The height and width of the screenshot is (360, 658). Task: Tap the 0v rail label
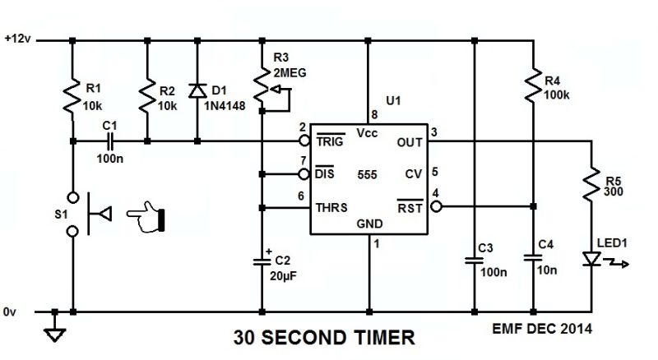coord(9,312)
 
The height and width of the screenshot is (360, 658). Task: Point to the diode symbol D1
coord(197,91)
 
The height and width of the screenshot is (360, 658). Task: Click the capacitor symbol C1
coord(109,141)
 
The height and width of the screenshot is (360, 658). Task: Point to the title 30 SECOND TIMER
coord(324,337)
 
